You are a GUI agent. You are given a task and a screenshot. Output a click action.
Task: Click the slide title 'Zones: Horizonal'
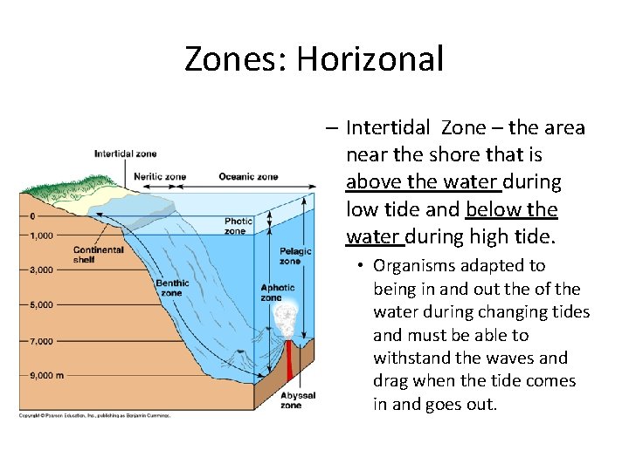(x=314, y=59)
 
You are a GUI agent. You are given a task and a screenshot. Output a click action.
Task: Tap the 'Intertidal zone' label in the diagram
(x=125, y=154)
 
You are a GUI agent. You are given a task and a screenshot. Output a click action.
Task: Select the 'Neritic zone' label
(x=160, y=177)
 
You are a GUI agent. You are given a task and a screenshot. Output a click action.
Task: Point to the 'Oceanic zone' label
(x=248, y=177)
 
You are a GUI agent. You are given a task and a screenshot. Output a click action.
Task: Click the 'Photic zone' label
(x=238, y=226)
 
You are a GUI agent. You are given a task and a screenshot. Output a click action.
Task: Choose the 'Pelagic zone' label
(x=290, y=256)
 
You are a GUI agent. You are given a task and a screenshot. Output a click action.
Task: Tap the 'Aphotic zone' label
(x=277, y=292)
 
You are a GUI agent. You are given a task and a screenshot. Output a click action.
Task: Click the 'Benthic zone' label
(x=172, y=288)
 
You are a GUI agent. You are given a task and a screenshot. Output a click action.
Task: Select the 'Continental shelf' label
(x=99, y=254)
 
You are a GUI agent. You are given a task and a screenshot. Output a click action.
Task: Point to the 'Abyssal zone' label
(x=291, y=400)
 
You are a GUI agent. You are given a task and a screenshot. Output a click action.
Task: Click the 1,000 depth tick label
(x=41, y=235)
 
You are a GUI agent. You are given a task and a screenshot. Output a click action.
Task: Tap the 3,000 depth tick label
(x=41, y=270)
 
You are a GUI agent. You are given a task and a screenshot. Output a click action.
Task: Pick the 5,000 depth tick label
(x=41, y=305)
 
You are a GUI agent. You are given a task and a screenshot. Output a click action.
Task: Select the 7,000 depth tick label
(x=41, y=341)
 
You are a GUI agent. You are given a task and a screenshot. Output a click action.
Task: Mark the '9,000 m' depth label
(x=45, y=376)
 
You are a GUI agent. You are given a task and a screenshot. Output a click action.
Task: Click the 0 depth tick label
(x=32, y=216)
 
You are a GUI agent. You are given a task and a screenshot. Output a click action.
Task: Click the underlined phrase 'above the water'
(x=422, y=182)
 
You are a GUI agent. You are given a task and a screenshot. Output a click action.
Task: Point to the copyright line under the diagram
(x=94, y=415)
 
